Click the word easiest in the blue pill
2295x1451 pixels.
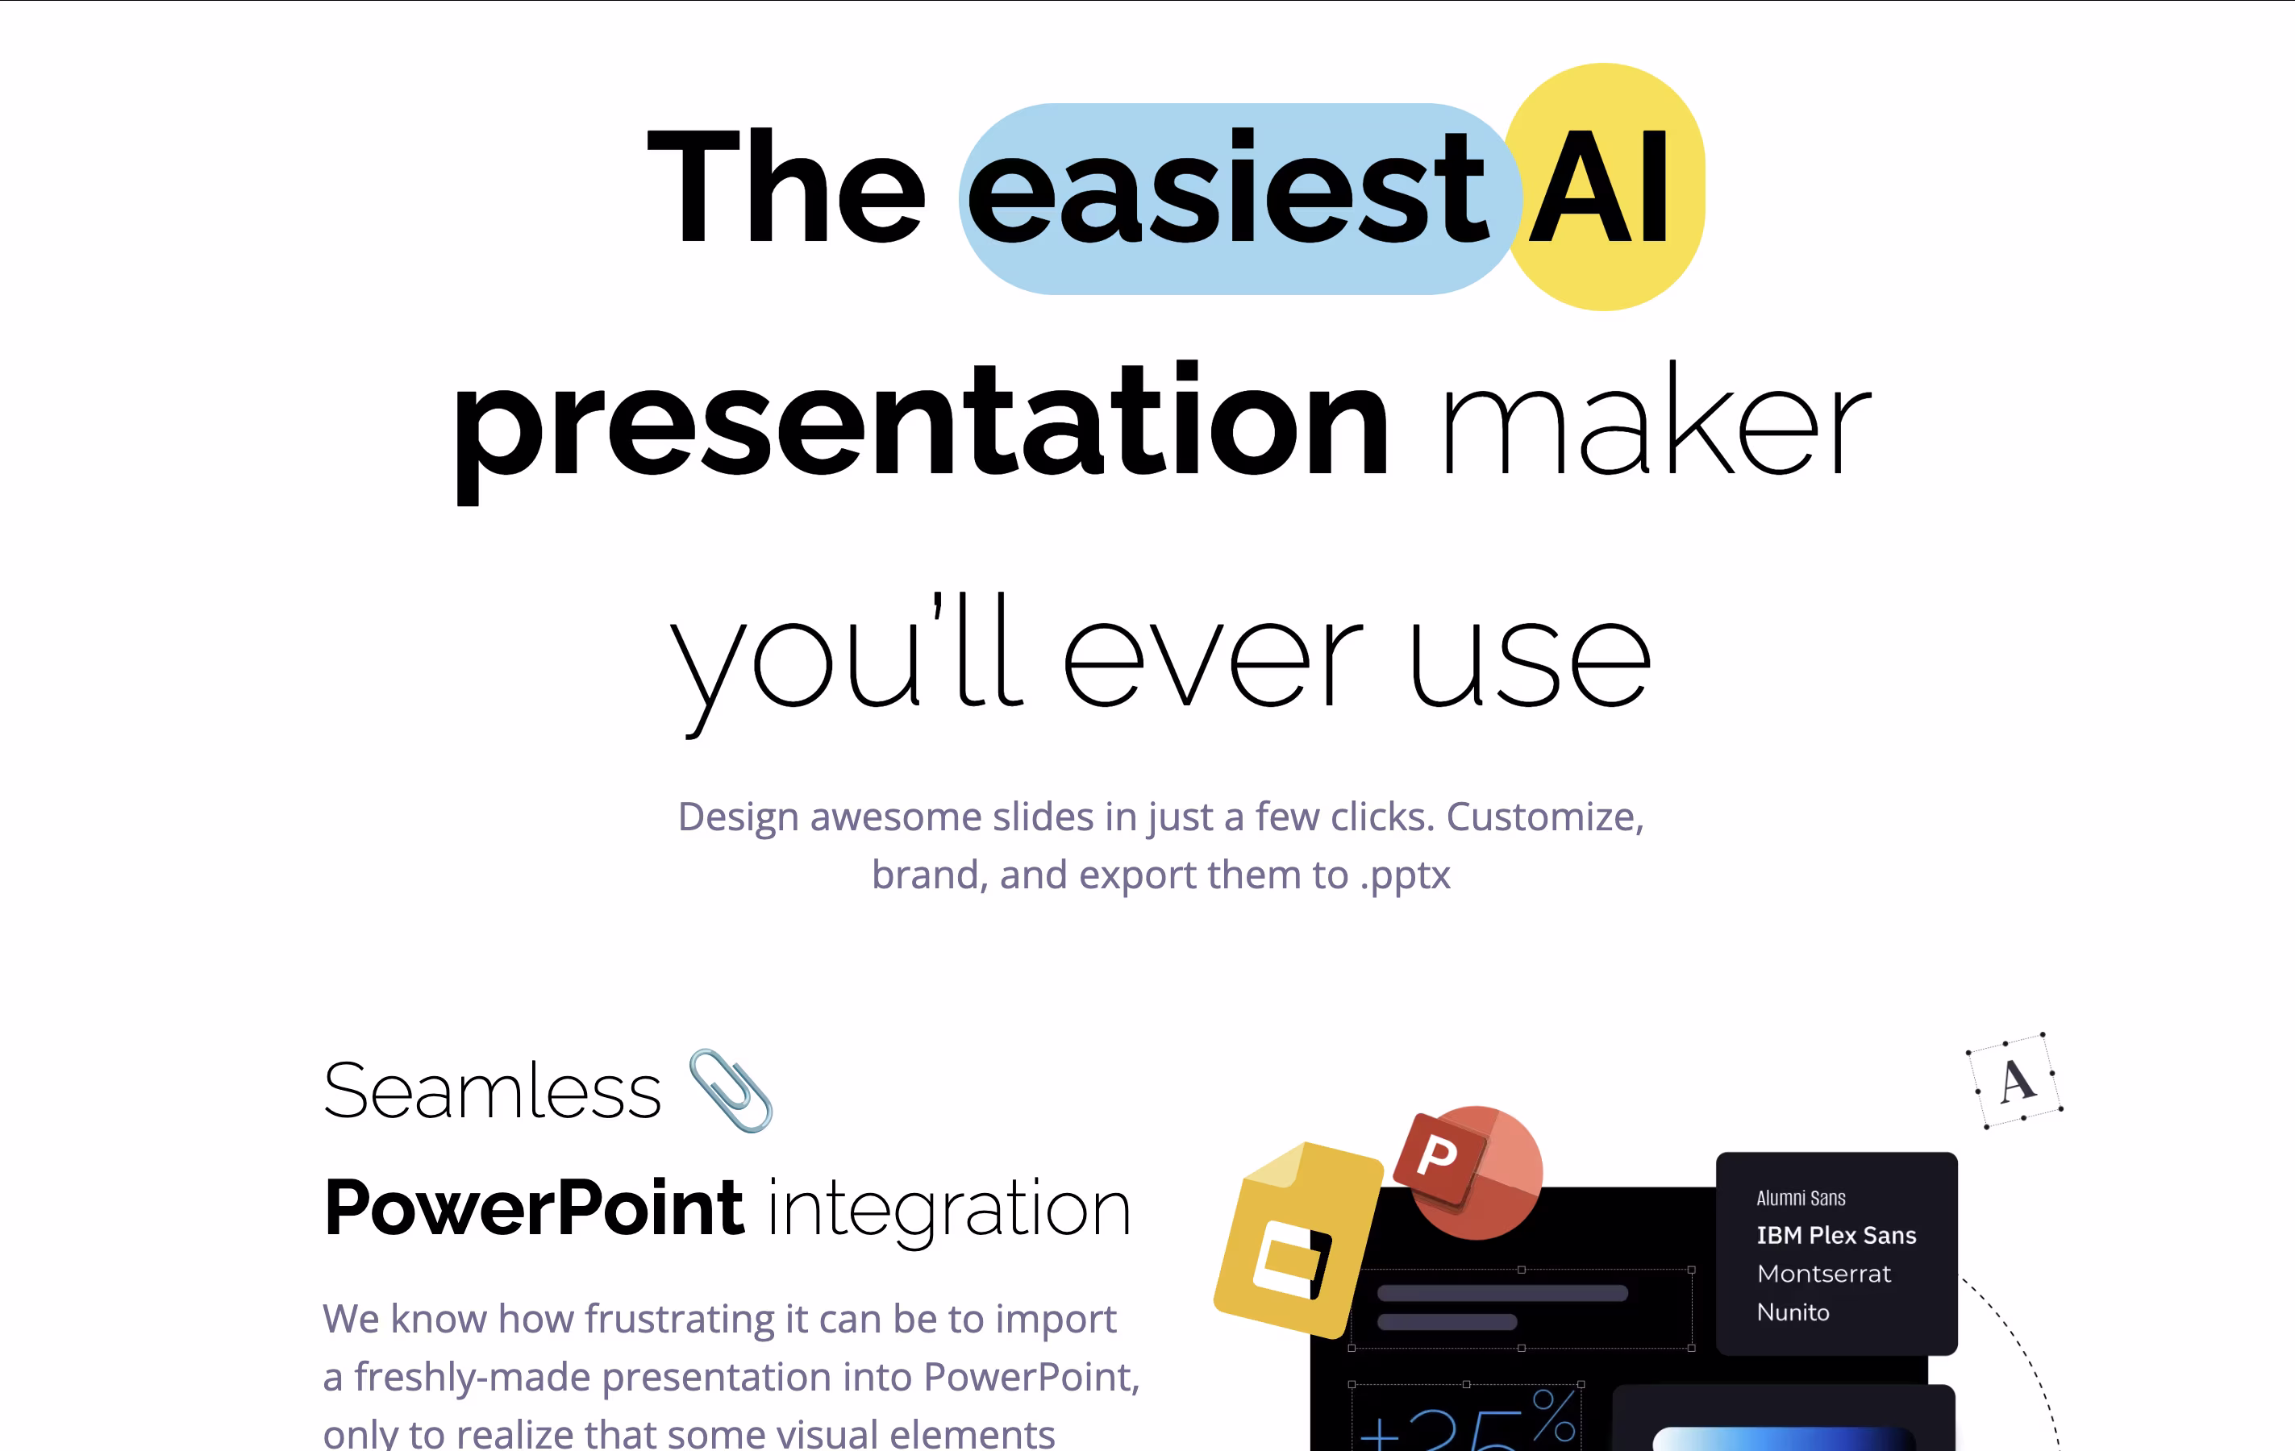(x=1227, y=188)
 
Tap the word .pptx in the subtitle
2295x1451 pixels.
(x=1405, y=875)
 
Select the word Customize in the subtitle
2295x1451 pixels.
(x=1545, y=817)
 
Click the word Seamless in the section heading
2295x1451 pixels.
(x=492, y=1090)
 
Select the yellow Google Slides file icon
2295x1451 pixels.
(x=1298, y=1238)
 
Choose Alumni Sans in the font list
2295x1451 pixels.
(x=1801, y=1198)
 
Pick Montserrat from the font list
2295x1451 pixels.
(x=1824, y=1274)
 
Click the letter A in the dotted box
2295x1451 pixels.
(x=2017, y=1081)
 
